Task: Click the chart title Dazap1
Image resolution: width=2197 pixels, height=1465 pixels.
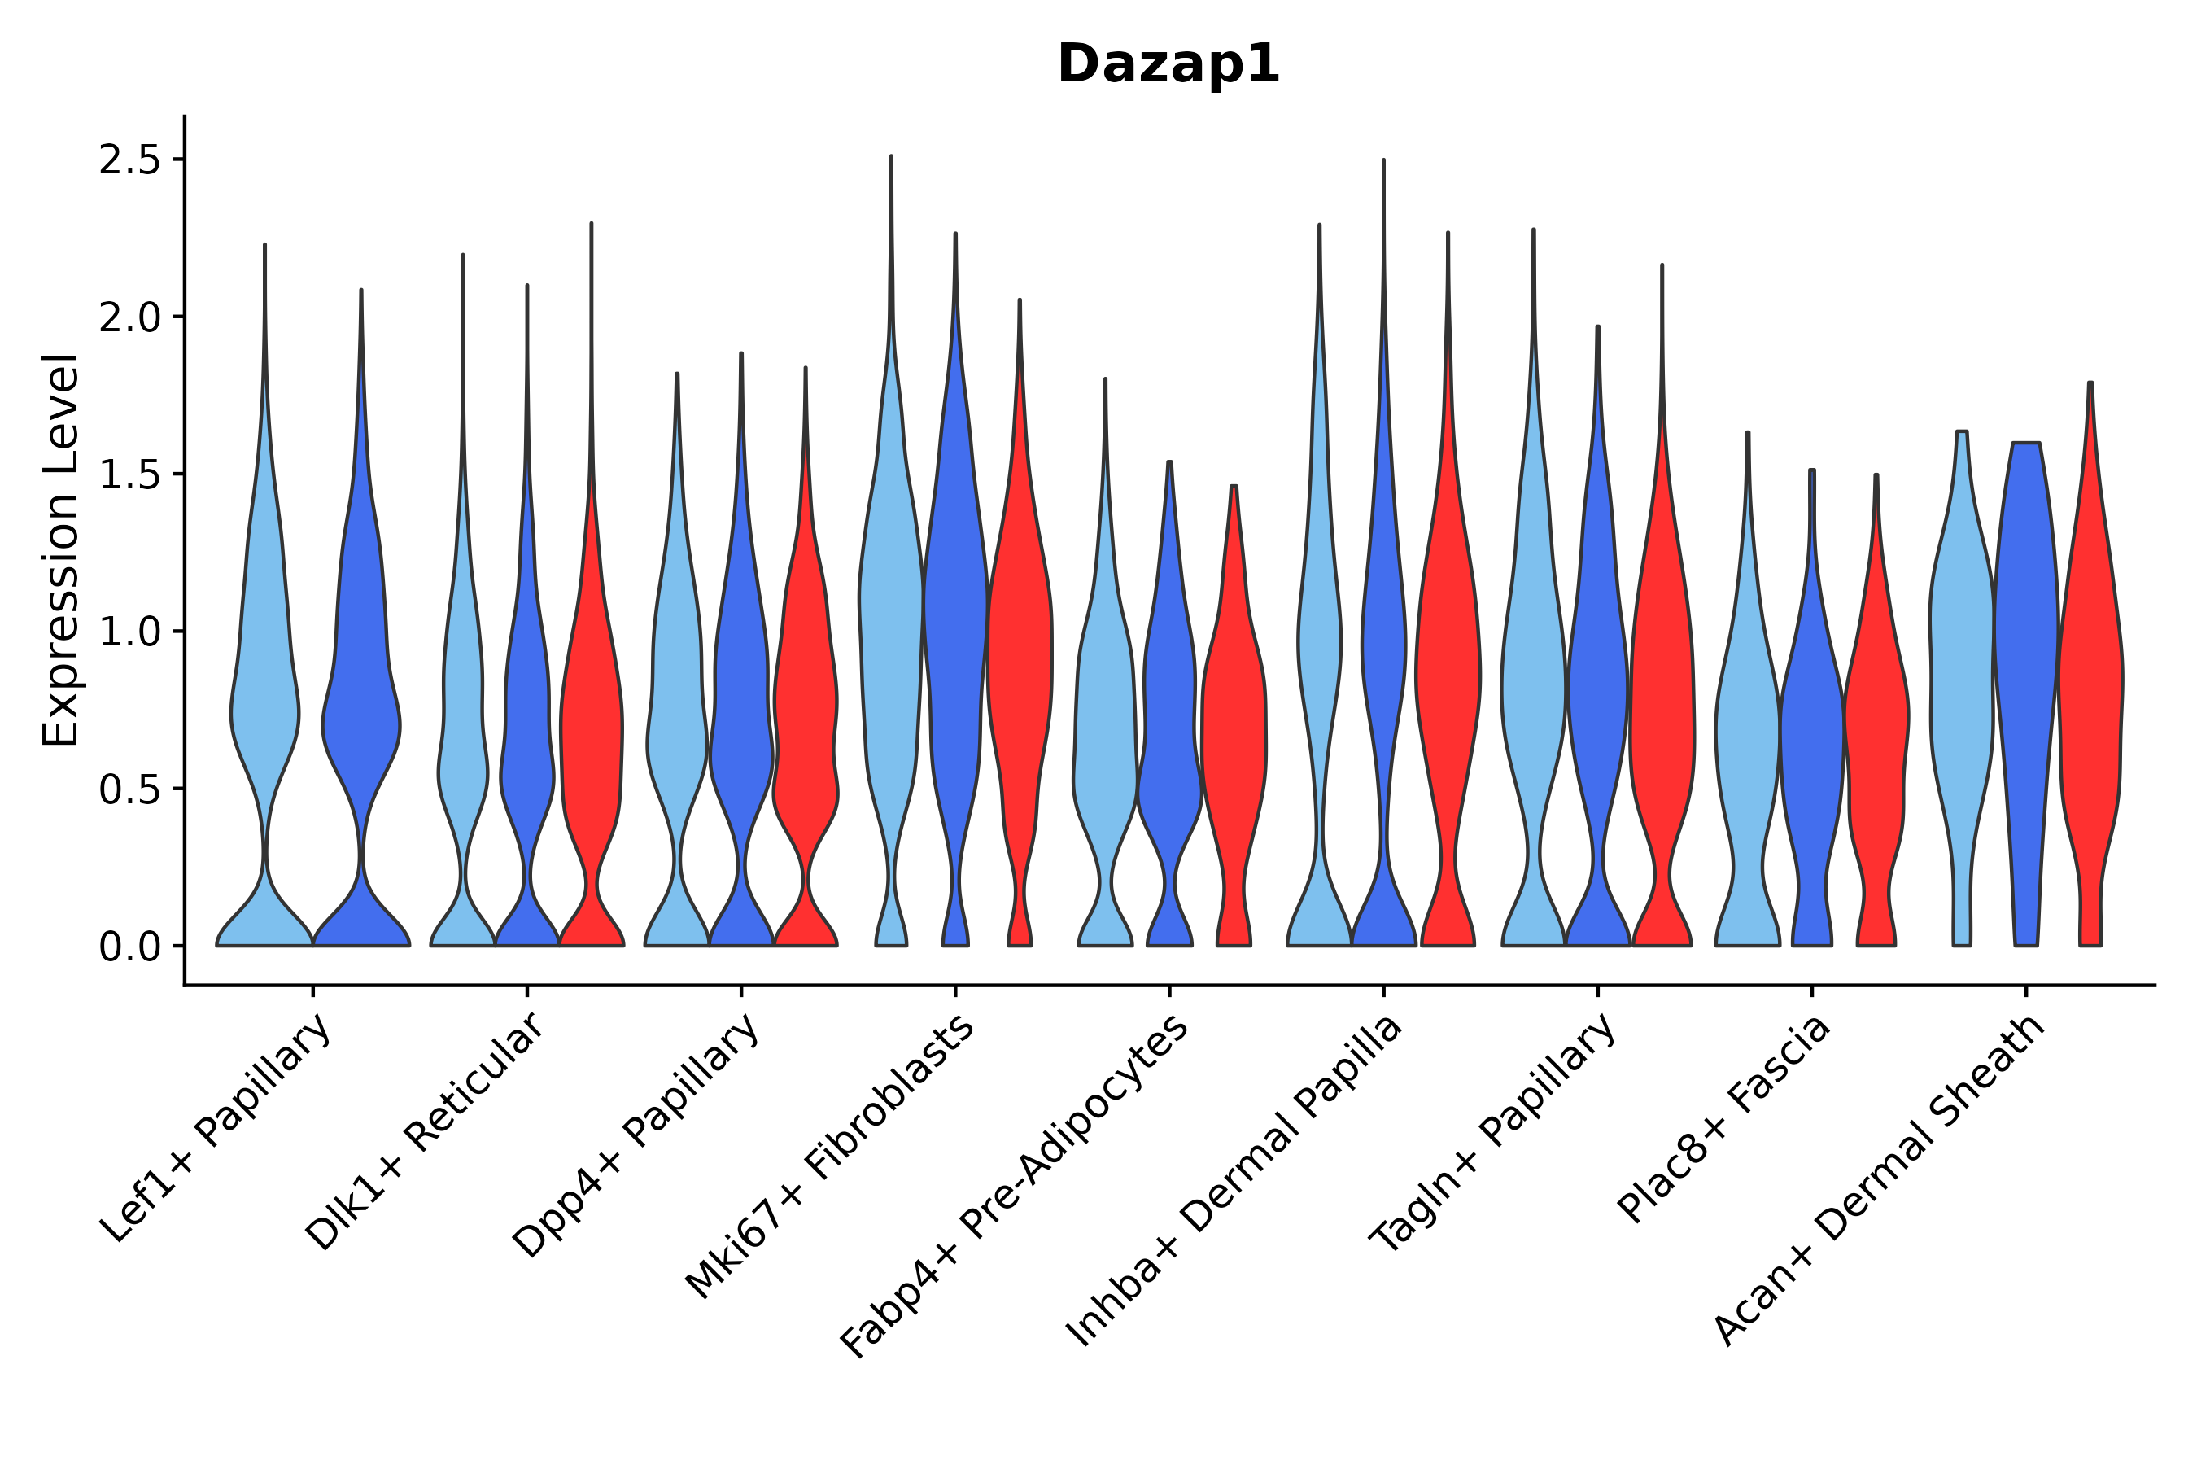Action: [x=1168, y=65]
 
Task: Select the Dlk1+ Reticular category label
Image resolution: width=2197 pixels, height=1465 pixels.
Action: [x=425, y=1132]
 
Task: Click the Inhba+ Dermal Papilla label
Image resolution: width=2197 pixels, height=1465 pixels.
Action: [x=1235, y=1182]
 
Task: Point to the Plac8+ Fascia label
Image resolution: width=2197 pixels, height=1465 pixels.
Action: [x=1725, y=1119]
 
